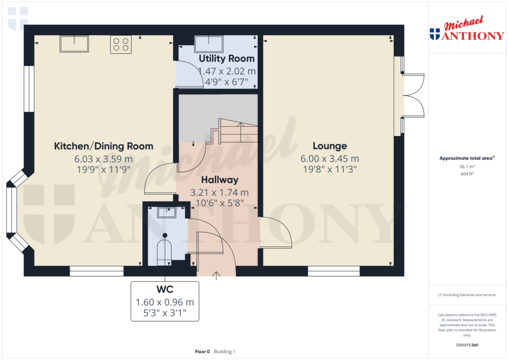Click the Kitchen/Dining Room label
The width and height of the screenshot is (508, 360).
click(103, 146)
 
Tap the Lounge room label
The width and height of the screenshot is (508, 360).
click(329, 146)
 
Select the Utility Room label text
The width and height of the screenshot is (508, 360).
click(227, 59)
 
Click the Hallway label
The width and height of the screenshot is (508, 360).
click(220, 180)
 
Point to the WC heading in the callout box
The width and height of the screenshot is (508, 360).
click(164, 289)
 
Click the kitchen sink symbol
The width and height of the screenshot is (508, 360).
click(74, 44)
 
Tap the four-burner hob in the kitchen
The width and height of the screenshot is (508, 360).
click(121, 44)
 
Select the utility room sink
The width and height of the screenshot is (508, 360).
click(209, 44)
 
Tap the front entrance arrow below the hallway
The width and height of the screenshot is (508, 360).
click(216, 275)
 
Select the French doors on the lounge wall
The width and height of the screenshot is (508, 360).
click(414, 96)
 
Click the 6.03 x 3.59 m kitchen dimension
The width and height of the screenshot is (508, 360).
click(103, 159)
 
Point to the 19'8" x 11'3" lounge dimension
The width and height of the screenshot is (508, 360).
click(329, 169)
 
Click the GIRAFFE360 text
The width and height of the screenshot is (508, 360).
click(466, 345)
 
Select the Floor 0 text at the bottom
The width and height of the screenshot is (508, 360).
click(202, 352)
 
